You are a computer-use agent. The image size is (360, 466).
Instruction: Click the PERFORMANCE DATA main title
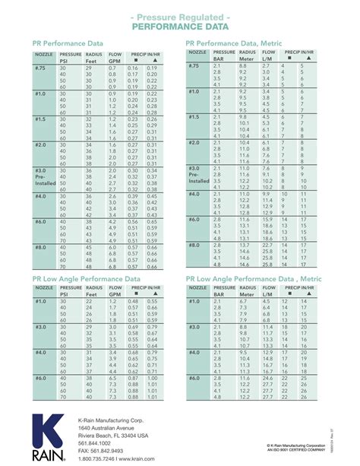point(180,27)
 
